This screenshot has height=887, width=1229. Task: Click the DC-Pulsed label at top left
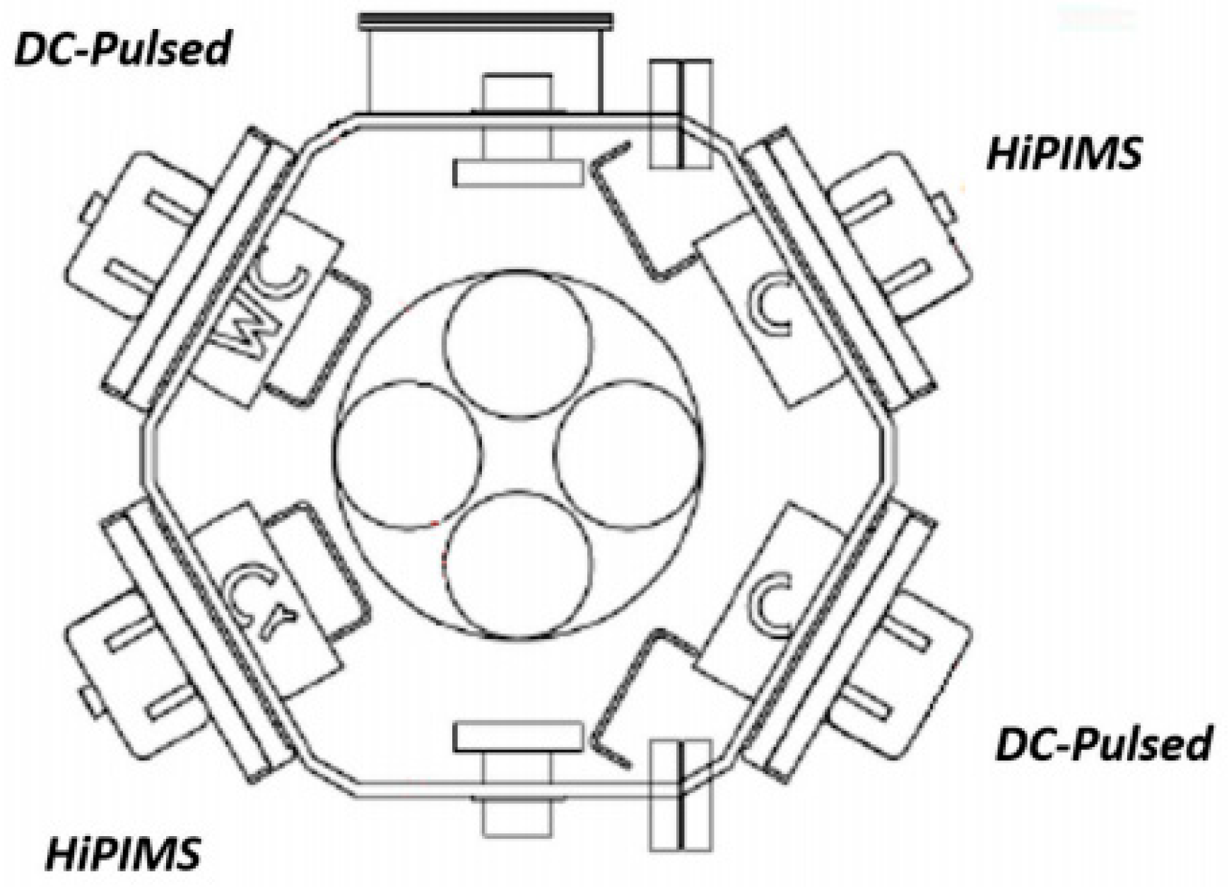[122, 50]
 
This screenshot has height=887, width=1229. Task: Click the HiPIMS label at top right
[1063, 154]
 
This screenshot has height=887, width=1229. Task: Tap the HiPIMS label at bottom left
[123, 854]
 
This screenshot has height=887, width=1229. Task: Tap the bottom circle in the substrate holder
[518, 565]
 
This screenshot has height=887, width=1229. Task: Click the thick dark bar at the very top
[485, 21]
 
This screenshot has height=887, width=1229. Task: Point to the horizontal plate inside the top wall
[518, 173]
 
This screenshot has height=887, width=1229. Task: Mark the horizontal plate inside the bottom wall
[518, 736]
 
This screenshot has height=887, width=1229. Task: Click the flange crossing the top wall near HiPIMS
[681, 113]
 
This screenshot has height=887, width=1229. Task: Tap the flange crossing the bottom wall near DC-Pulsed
[681, 795]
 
